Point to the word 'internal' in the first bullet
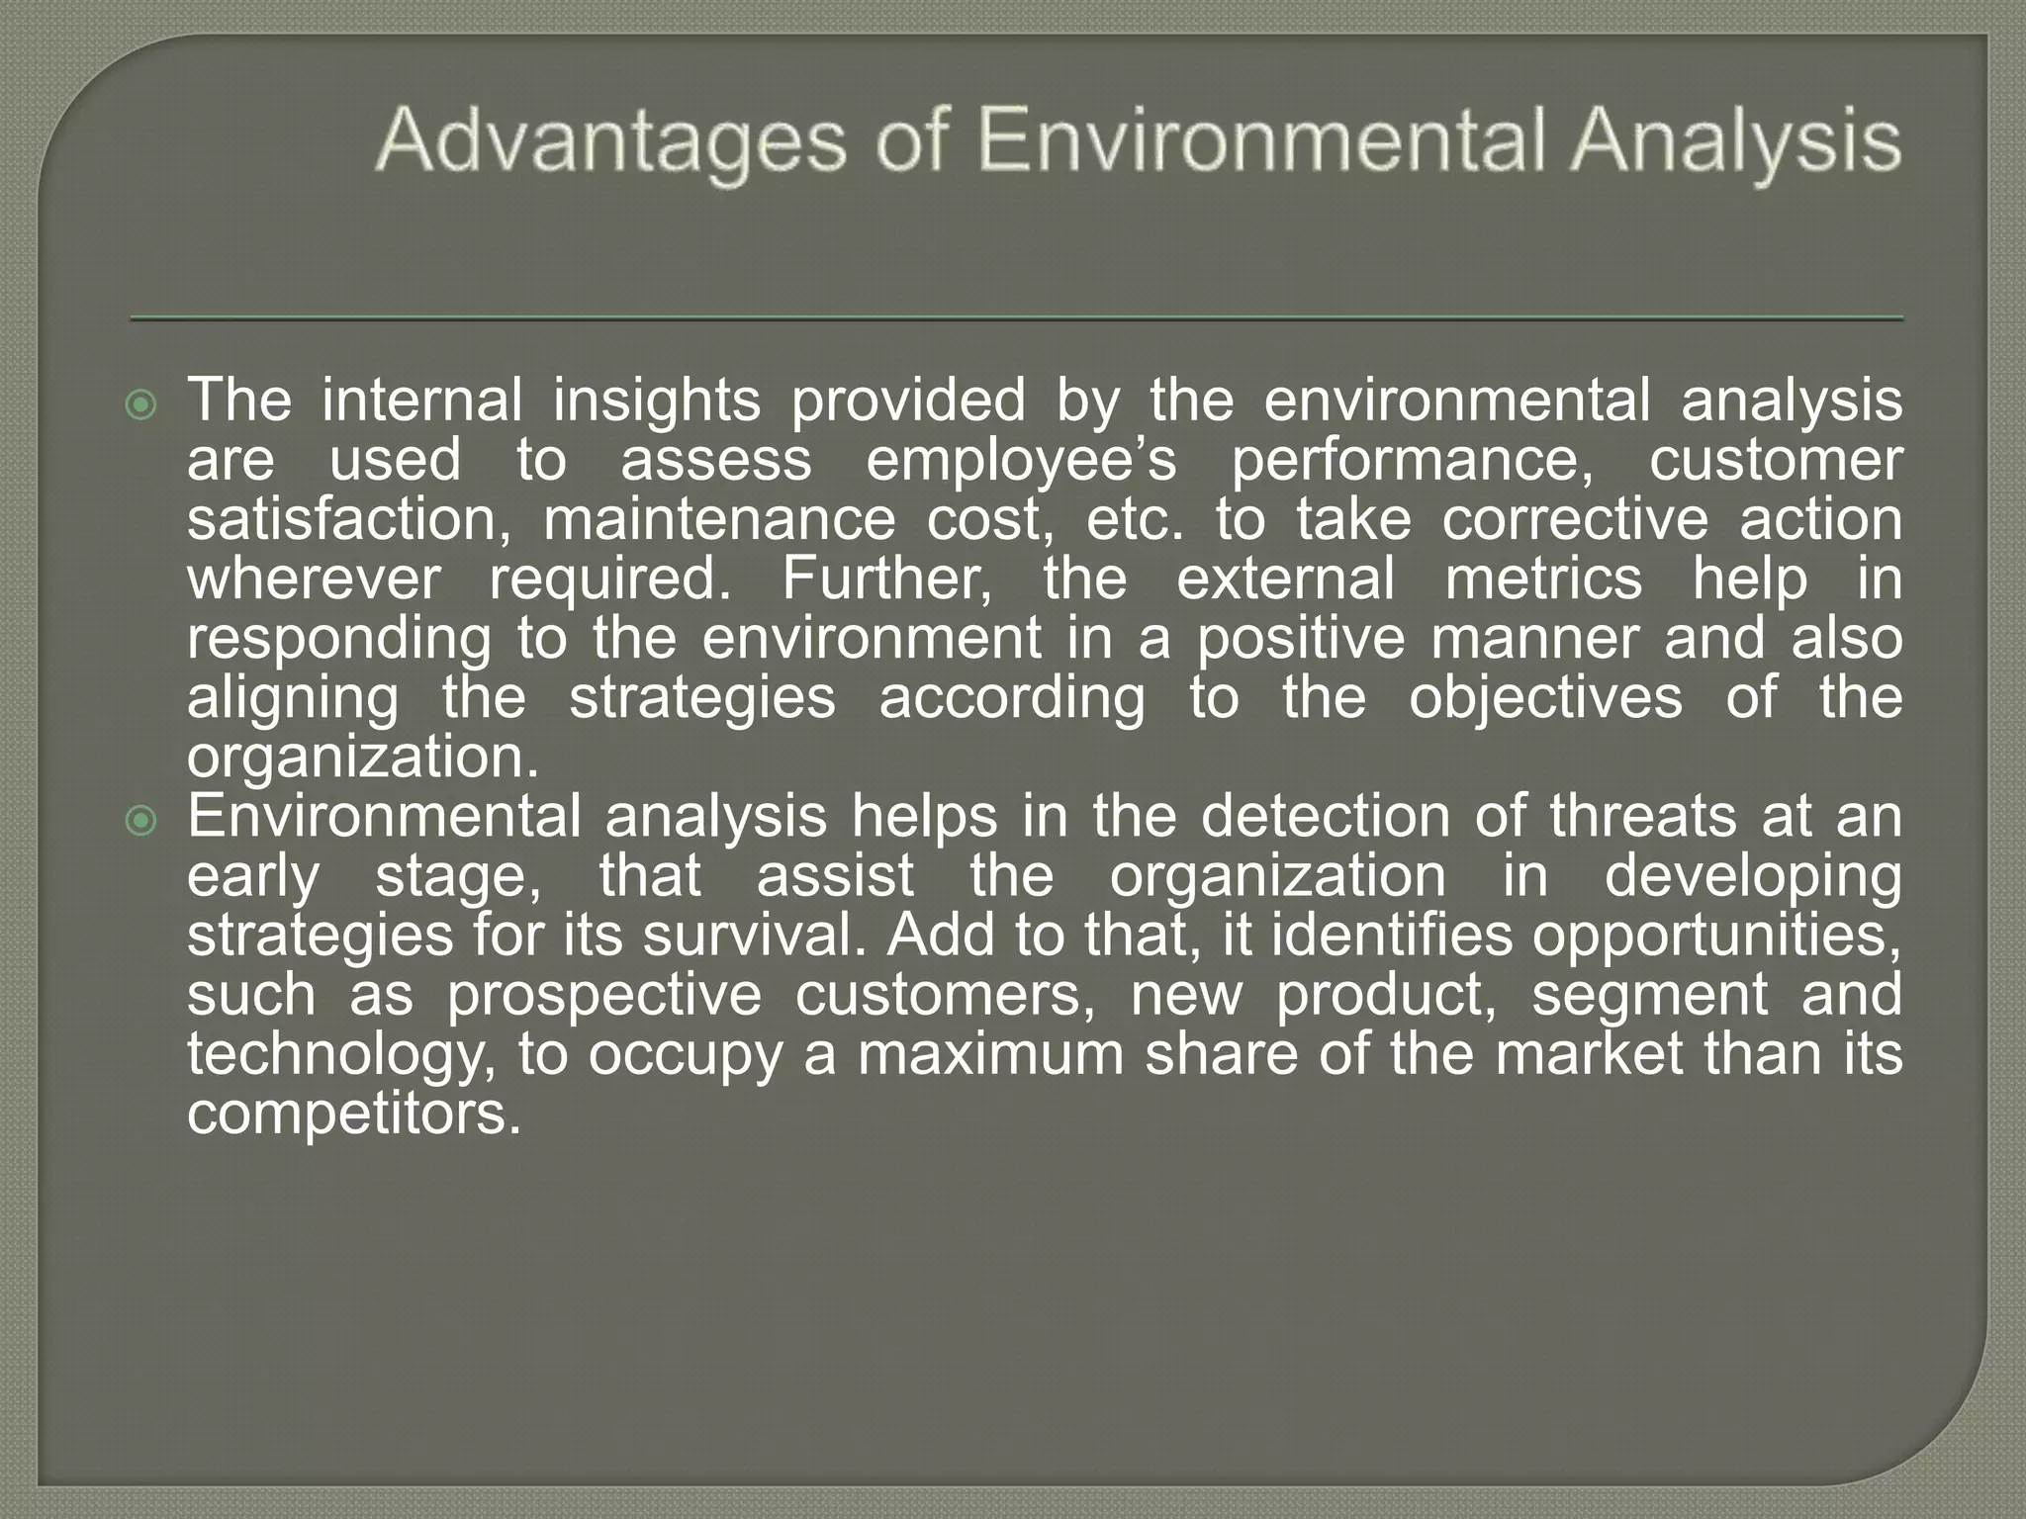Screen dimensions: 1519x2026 (421, 401)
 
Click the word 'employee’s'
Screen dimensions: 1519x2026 (1021, 461)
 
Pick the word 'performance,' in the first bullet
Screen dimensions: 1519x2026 (1413, 461)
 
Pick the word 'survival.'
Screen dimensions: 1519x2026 (754, 936)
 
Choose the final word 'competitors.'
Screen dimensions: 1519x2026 (354, 1115)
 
